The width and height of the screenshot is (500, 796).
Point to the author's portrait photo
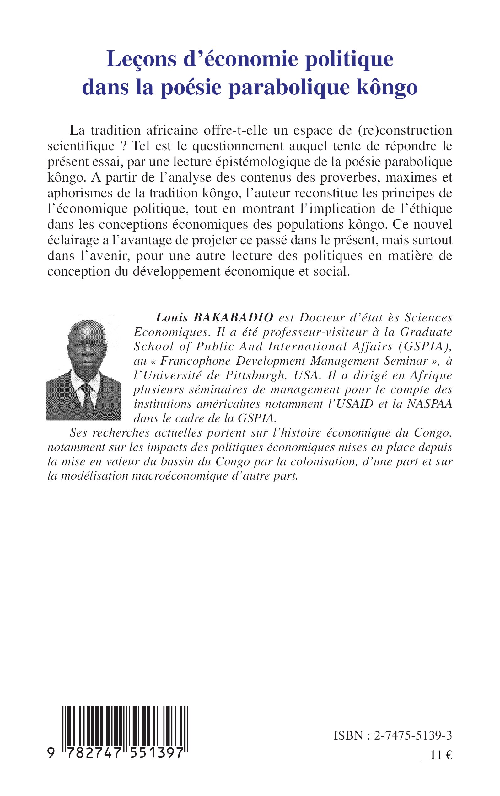pyautogui.click(x=84, y=369)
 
